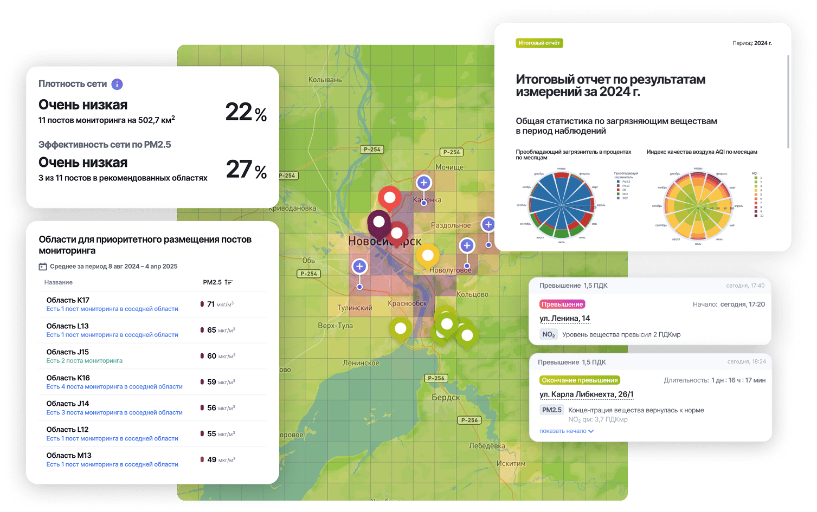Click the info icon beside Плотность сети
(117, 84)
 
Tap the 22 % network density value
(246, 112)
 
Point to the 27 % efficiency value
(246, 170)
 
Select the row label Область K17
(68, 300)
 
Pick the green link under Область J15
(84, 361)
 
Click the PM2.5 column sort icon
(229, 282)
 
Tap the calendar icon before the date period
(43, 267)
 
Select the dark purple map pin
(379, 222)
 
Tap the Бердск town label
(446, 397)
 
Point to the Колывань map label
(325, 80)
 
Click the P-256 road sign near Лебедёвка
(469, 420)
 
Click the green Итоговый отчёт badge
(539, 43)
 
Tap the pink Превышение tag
(562, 304)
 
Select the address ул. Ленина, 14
(564, 319)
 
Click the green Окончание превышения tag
(580, 380)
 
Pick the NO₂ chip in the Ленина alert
(549, 335)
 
